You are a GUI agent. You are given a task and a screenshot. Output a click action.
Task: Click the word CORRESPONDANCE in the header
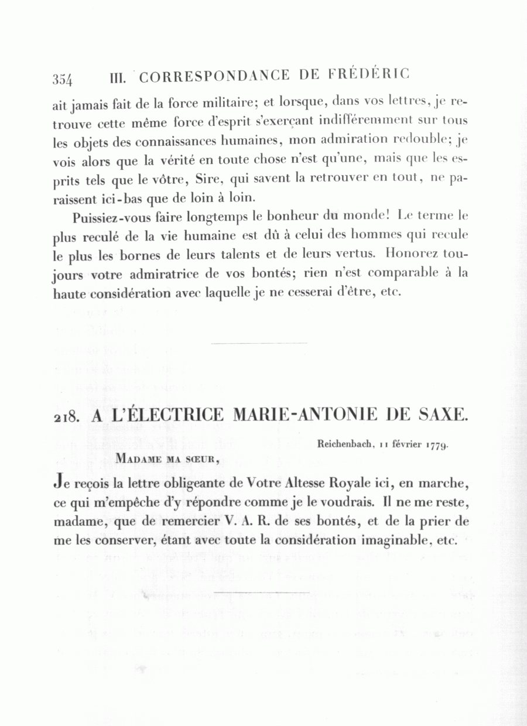pyautogui.click(x=215, y=76)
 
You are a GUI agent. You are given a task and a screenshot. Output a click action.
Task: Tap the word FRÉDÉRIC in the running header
pyautogui.click(x=369, y=74)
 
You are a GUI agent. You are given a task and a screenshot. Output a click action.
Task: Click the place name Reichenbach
pyautogui.click(x=345, y=444)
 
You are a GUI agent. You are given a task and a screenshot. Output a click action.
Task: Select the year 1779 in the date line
pyautogui.click(x=437, y=445)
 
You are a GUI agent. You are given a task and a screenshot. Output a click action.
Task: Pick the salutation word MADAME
pyautogui.click(x=140, y=458)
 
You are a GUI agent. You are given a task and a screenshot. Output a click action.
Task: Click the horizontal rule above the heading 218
pyautogui.click(x=258, y=343)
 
